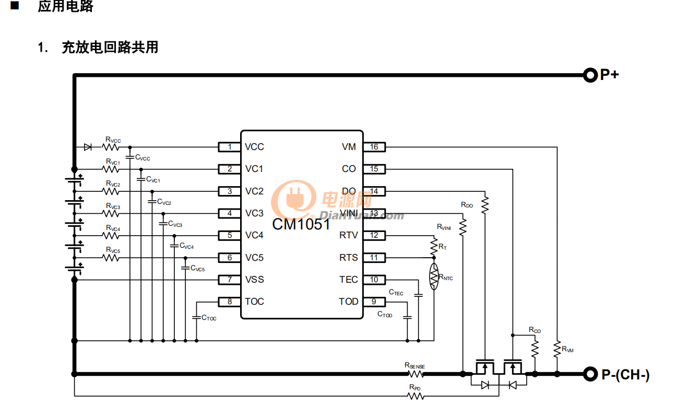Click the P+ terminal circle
point(590,75)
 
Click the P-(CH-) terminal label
point(625,374)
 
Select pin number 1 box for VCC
point(229,147)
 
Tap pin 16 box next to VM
point(374,147)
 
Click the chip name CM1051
point(301,225)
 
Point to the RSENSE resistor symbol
point(416,374)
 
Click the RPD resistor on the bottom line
point(416,396)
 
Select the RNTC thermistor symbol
point(434,277)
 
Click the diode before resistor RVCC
point(88,147)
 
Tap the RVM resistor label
point(567,350)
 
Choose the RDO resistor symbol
point(485,204)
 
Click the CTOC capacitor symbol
point(196,317)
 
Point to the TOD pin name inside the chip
point(348,302)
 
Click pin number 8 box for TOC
point(229,302)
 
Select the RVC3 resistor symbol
point(111,213)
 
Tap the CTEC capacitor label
point(396,293)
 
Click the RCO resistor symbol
point(535,349)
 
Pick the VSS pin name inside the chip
point(254,280)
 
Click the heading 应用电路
point(65,7)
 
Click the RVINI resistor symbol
point(462,227)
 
